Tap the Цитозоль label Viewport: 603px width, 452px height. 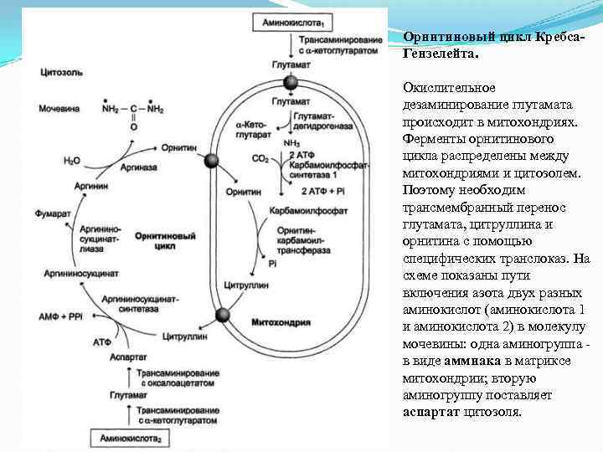click(x=59, y=73)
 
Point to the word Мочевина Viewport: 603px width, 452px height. click(x=58, y=109)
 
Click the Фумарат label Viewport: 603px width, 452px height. click(x=53, y=214)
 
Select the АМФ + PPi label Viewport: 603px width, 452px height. click(x=60, y=319)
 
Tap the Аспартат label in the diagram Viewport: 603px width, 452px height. click(x=128, y=357)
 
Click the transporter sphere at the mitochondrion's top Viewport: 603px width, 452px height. click(x=291, y=82)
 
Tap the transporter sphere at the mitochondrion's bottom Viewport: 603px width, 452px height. click(x=223, y=315)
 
